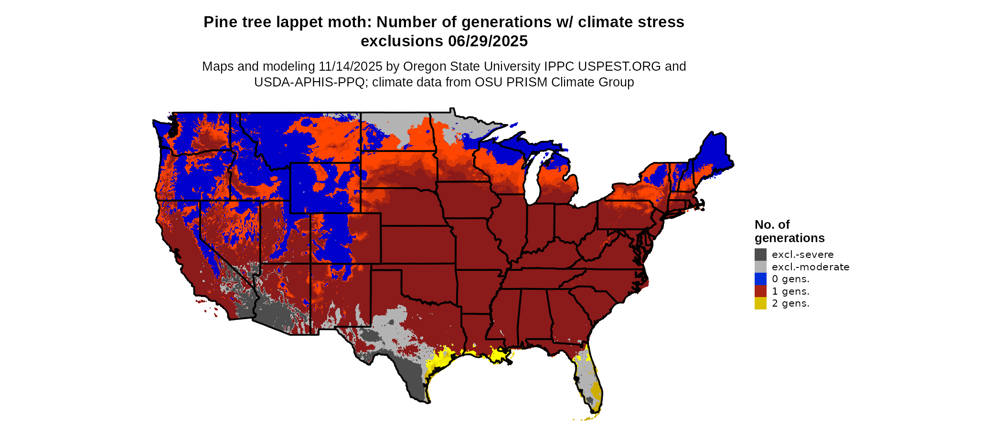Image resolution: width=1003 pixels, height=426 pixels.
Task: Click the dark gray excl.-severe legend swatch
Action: [760, 255]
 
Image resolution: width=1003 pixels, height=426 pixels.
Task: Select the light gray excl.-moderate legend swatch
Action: [760, 267]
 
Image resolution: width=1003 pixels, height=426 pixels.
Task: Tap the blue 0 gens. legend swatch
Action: [760, 279]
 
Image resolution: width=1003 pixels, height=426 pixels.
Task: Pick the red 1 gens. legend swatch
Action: [760, 291]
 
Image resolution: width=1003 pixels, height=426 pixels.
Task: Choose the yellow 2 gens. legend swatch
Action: [760, 303]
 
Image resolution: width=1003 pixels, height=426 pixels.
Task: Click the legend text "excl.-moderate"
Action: [811, 267]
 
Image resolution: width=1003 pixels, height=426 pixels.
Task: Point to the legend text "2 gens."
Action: [790, 303]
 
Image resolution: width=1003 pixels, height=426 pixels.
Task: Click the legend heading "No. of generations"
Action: [789, 231]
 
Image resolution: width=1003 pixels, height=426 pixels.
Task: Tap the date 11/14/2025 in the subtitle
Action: [351, 66]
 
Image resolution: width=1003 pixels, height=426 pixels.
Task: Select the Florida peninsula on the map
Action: [590, 382]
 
